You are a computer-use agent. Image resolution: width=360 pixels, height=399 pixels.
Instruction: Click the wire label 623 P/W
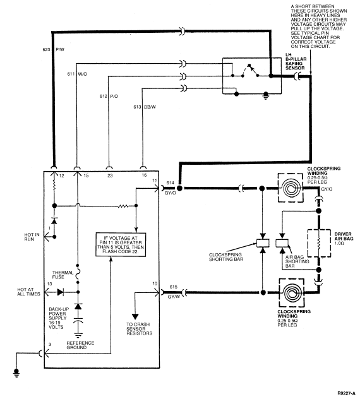[54, 50]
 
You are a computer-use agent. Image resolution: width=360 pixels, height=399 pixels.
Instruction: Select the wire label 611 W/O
[77, 74]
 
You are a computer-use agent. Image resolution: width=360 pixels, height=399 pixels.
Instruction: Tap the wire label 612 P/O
[109, 96]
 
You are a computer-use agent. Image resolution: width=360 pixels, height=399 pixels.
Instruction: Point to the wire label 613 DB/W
[145, 107]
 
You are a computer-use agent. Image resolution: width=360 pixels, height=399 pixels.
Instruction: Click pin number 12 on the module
[61, 176]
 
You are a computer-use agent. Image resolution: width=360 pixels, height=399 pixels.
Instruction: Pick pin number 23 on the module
[110, 176]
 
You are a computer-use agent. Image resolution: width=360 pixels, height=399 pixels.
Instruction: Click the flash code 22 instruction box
[121, 244]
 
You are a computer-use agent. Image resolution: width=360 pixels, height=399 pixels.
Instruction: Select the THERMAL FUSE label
[63, 275]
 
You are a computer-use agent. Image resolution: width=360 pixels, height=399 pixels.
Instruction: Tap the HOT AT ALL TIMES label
[28, 292]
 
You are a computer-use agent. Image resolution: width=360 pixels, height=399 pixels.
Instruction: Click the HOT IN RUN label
[32, 237]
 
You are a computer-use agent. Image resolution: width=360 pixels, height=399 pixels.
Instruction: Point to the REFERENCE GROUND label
[80, 345]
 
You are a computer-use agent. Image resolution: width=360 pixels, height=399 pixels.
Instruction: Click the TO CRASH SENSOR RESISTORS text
[139, 329]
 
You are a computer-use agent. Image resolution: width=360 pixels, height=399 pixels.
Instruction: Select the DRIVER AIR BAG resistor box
[319, 244]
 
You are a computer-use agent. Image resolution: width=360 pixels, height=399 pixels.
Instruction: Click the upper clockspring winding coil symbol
[291, 188]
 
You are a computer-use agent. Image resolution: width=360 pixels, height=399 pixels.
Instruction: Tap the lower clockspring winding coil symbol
[292, 293]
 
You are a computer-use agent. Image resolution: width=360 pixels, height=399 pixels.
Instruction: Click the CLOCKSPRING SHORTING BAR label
[226, 257]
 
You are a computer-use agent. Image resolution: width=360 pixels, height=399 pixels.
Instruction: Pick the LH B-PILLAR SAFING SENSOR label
[296, 61]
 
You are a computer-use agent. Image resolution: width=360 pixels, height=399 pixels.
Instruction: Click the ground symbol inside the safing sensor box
[266, 96]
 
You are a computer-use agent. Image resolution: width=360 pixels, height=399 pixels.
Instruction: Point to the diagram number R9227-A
[346, 393]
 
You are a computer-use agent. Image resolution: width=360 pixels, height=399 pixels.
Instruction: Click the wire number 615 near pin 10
[174, 287]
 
